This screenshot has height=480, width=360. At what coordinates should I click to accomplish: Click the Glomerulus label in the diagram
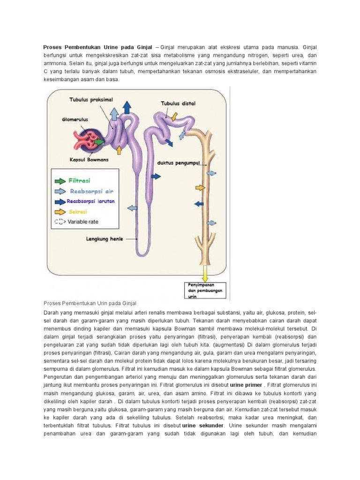[x=75, y=120]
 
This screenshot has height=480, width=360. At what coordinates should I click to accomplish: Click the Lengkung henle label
[x=104, y=239]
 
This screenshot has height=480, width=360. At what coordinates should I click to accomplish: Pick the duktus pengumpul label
[x=178, y=164]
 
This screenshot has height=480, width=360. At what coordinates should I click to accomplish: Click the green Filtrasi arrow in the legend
[x=60, y=180]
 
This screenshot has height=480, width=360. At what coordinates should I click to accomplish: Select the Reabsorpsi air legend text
[x=91, y=191]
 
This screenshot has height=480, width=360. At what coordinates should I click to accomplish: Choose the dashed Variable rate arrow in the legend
[x=60, y=222]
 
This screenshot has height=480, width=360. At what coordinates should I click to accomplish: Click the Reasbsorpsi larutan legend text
[x=91, y=201]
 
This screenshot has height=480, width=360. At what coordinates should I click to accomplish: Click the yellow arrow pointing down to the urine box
[x=204, y=273]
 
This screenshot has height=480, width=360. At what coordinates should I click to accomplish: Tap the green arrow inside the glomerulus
[x=99, y=141]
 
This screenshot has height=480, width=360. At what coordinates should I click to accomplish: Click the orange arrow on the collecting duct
[x=201, y=187]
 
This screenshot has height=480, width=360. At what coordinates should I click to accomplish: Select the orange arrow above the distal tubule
[x=174, y=115]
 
